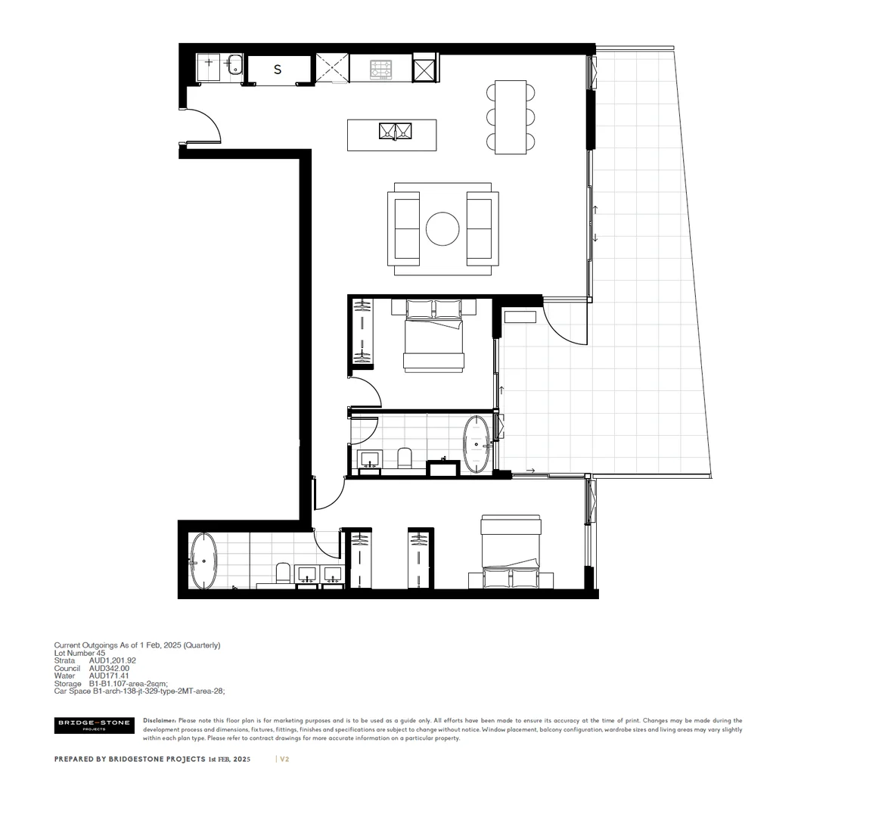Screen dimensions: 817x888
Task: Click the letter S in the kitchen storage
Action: [278, 70]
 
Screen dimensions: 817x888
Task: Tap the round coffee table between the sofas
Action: [442, 228]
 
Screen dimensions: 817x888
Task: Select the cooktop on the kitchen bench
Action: [381, 69]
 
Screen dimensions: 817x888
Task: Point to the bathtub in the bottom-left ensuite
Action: [204, 561]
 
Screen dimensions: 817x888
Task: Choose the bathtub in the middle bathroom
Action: [477, 444]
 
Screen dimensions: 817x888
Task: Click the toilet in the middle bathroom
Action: [404, 458]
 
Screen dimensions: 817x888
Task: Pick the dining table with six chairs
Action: [511, 116]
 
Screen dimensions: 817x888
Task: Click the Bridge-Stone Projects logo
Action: [95, 725]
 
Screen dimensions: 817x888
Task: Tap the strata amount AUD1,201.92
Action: [113, 660]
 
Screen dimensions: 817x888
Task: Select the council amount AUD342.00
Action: [110, 668]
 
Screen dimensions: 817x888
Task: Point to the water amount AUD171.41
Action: [110, 676]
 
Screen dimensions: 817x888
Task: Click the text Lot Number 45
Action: [79, 653]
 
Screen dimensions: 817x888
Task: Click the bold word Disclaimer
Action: [159, 721]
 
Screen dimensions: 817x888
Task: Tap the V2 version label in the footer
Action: [284, 759]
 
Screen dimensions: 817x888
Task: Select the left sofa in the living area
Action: [404, 228]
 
